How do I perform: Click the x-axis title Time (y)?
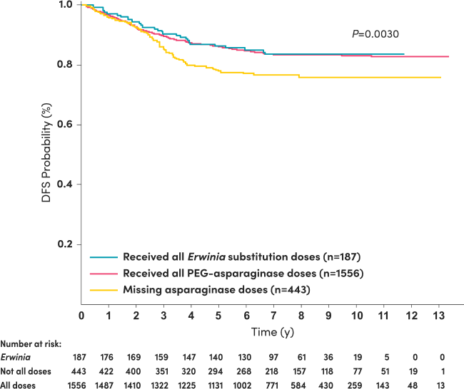(272, 332)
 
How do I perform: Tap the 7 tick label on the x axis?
(273, 316)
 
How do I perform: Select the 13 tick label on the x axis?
(436, 316)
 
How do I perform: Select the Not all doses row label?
(21, 370)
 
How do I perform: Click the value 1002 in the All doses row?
(245, 385)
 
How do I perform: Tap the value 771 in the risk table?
(273, 385)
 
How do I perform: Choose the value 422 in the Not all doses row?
(109, 370)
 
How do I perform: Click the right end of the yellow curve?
(440, 77)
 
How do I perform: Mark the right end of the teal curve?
(404, 54)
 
